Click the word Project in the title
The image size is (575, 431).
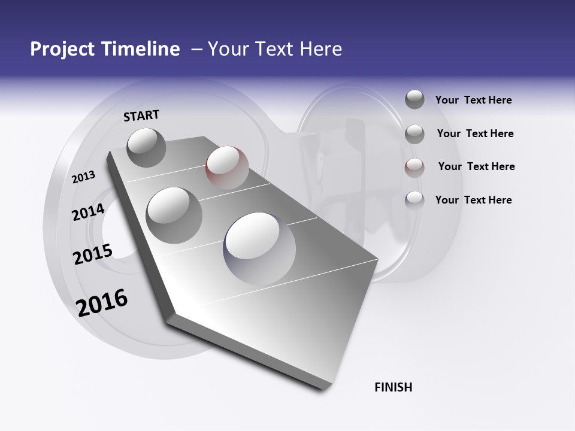(60, 49)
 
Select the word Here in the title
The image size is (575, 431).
(321, 49)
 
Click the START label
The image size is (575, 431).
(141, 115)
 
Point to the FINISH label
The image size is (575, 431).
(394, 387)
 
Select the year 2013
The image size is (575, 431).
(83, 177)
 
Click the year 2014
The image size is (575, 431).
(88, 212)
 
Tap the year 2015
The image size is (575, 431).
(93, 254)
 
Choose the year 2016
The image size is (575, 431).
(102, 302)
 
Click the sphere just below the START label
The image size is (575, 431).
(147, 147)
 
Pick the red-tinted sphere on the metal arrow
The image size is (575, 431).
(227, 167)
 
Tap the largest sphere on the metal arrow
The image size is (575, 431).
(259, 247)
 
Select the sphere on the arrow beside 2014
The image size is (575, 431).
(174, 215)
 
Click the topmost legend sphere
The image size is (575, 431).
(414, 99)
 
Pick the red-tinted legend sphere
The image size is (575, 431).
(414, 167)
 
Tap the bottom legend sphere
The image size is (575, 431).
(414, 200)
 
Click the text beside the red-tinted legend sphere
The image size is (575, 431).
(476, 166)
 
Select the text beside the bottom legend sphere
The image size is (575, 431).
(473, 200)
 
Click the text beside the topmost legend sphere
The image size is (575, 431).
(473, 100)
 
